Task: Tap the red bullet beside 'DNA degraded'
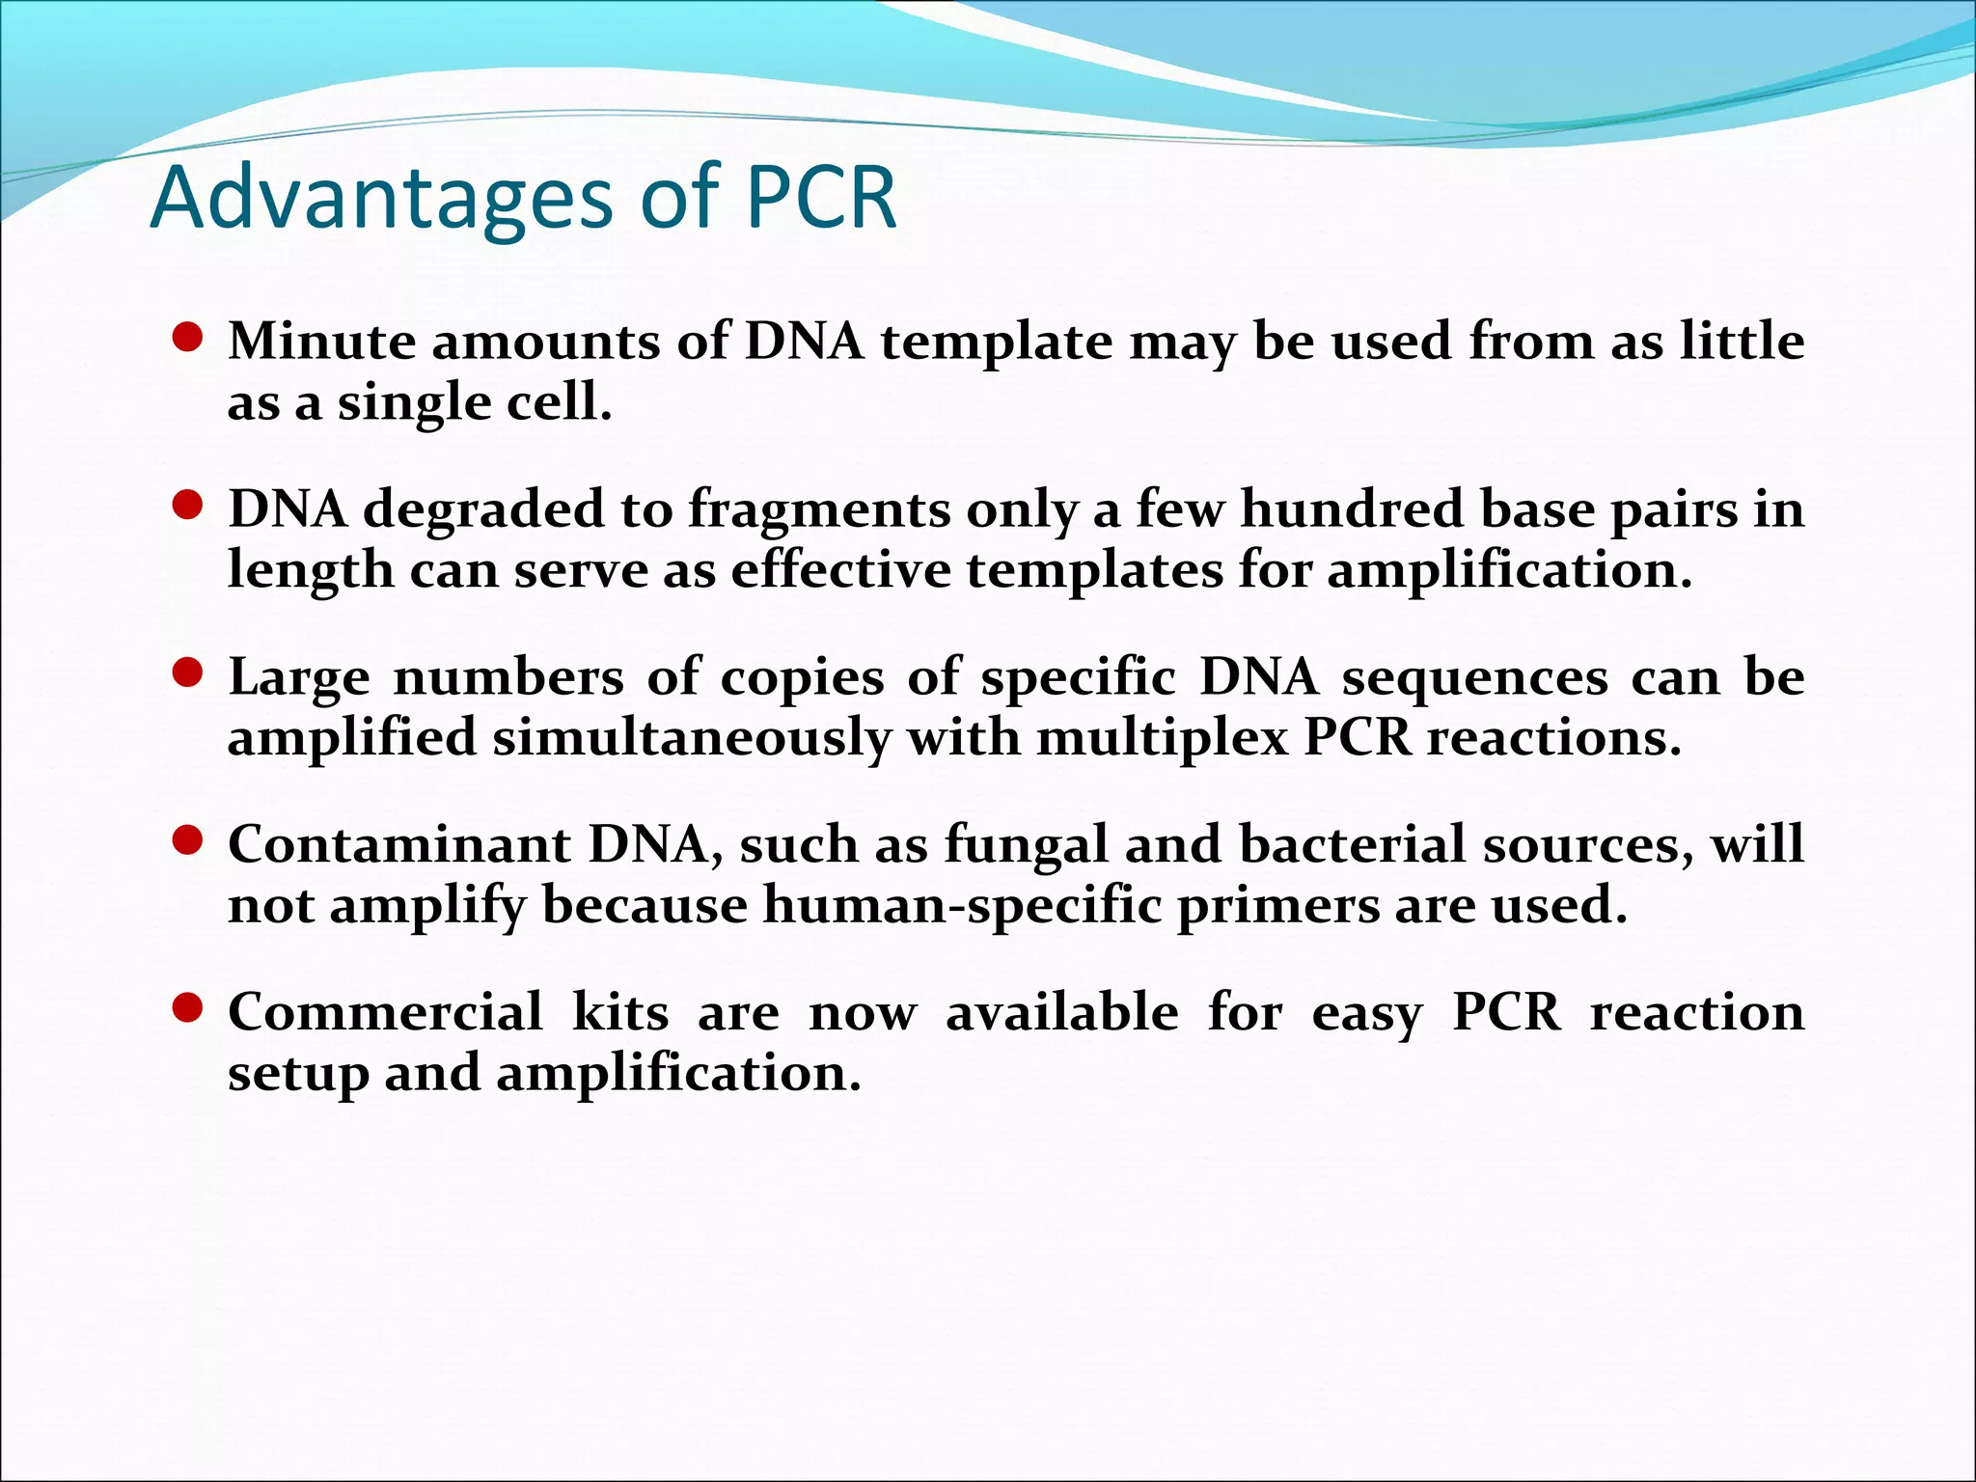coord(187,506)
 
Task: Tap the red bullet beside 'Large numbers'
coord(187,673)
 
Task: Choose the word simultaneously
coord(692,738)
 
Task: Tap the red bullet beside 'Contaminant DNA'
coord(187,841)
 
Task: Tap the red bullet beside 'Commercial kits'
coord(187,1009)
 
